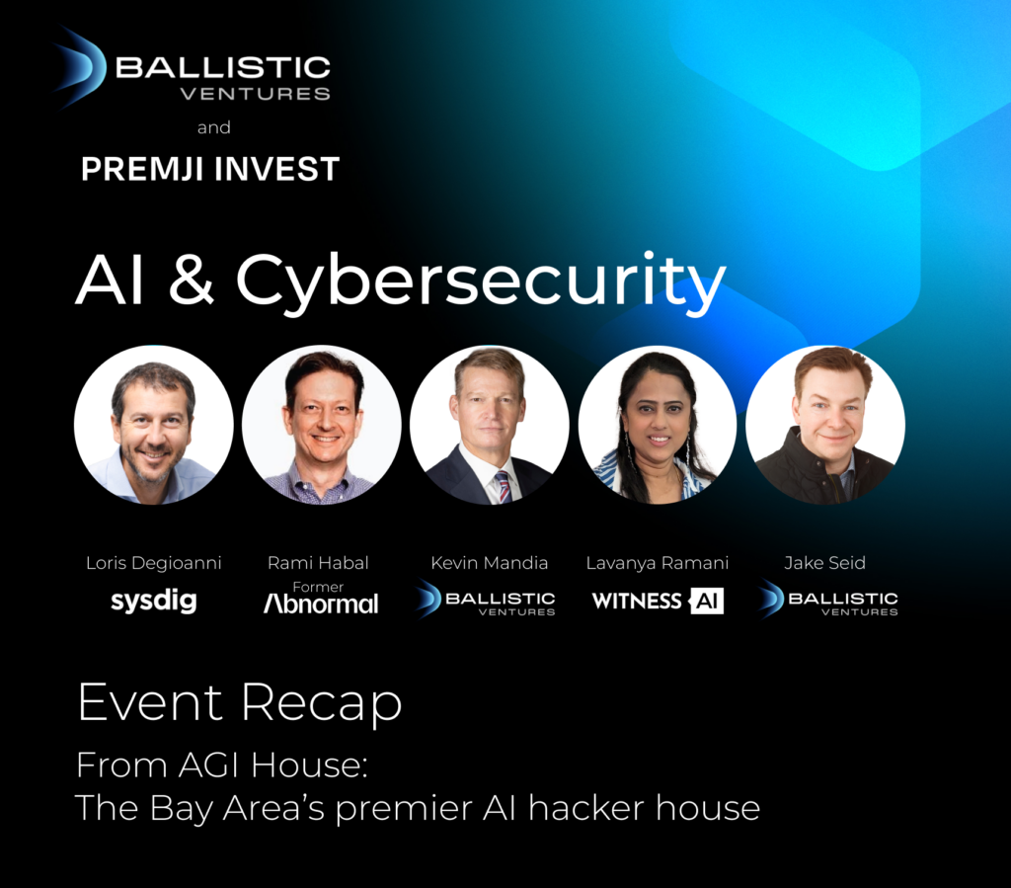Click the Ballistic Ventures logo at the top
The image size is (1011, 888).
(193, 75)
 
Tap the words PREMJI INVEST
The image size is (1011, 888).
(209, 169)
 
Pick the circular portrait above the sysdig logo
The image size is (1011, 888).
(154, 425)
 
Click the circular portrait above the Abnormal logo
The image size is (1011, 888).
(322, 425)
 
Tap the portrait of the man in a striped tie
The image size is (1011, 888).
(490, 425)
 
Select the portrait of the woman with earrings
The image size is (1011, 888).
(658, 425)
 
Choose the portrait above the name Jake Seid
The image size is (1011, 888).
(825, 425)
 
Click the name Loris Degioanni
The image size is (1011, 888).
(154, 563)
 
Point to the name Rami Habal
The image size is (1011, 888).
(318, 563)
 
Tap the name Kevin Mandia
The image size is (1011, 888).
(489, 563)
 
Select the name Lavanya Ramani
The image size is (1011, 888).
(657, 563)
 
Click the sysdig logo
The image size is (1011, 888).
(153, 601)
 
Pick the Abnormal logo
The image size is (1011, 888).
(321, 604)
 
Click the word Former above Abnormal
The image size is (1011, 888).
(318, 587)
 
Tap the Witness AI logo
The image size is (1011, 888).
(658, 601)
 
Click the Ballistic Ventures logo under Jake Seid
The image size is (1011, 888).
(828, 600)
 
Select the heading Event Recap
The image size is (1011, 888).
(240, 703)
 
